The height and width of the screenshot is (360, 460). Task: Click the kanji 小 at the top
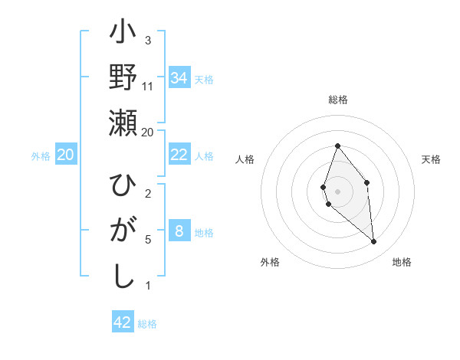pos(123,34)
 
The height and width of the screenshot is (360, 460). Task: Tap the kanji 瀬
pos(123,123)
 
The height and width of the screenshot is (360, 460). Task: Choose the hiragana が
pos(123,231)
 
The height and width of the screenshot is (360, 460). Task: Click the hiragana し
pos(123,276)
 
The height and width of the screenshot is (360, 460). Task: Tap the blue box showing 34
pos(179,77)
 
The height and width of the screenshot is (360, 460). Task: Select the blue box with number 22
pos(179,155)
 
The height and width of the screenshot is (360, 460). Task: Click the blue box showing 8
pos(179,231)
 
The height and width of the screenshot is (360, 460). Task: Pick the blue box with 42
pos(123,322)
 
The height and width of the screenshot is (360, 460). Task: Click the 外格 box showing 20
pos(65,155)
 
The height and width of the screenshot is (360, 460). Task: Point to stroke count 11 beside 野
pos(148,87)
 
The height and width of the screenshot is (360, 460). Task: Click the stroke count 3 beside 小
pos(148,40)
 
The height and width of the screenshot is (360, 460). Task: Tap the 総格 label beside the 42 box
pos(147,324)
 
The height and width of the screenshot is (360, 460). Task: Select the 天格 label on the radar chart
pos(432,159)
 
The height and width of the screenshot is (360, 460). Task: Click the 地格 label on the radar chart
pos(402,262)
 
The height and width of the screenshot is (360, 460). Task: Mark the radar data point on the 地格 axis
pos(374,242)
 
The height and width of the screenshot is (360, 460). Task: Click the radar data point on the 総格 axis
pos(337,146)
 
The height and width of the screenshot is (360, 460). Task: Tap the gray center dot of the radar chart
pos(337,191)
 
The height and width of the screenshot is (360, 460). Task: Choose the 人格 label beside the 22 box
pos(204,155)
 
